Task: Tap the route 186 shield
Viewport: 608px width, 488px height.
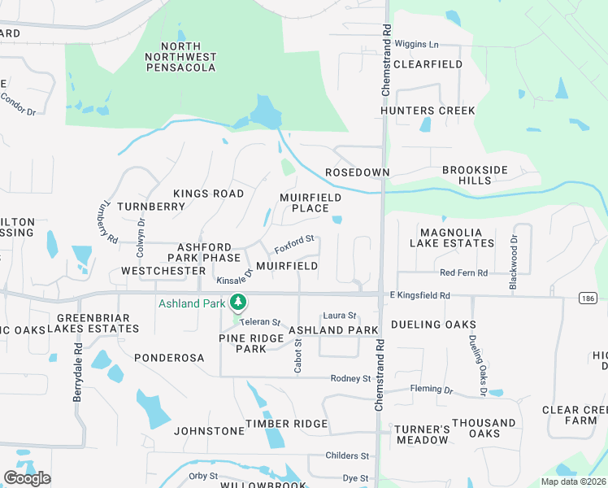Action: click(588, 298)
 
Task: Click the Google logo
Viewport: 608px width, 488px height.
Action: click(27, 478)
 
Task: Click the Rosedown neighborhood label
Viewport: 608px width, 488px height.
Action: click(357, 173)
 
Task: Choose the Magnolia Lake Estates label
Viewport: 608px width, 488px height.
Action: click(456, 237)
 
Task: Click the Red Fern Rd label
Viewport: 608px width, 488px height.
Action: click(463, 272)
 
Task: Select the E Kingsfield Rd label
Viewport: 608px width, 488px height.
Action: click(419, 296)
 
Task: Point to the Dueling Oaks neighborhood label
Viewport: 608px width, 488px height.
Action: click(433, 325)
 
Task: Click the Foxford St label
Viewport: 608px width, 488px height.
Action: click(293, 242)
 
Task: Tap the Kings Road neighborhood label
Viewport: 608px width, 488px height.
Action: click(208, 194)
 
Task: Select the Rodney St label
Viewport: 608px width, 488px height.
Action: click(350, 378)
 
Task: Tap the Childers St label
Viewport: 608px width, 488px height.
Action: click(346, 456)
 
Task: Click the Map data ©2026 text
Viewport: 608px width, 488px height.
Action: click(572, 481)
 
